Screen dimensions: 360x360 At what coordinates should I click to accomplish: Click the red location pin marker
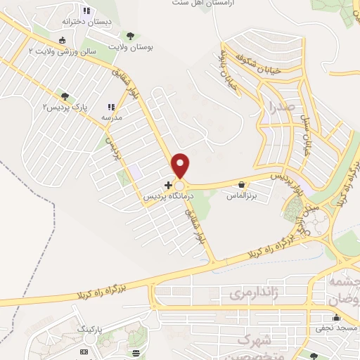tap(181, 164)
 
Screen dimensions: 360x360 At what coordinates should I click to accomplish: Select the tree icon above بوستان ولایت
tap(129, 35)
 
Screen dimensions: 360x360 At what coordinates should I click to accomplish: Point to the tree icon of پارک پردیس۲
tap(65, 96)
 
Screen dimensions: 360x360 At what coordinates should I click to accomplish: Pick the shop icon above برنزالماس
tap(242, 185)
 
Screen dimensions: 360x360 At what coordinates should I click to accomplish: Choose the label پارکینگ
tap(89, 328)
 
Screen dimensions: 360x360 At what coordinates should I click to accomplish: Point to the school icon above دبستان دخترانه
tap(86, 11)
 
